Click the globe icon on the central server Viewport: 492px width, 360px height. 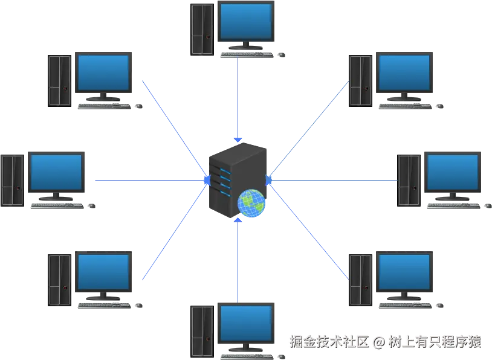pos(251,203)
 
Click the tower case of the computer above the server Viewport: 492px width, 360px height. pos(202,29)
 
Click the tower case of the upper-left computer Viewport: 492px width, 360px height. pos(60,80)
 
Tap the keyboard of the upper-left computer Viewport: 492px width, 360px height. pos(107,105)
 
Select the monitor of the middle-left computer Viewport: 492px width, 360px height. pos(56,173)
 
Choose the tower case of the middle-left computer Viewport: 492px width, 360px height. pos(12,180)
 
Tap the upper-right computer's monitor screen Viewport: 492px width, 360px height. pos(403,72)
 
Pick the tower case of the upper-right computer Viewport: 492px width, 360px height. pos(360,80)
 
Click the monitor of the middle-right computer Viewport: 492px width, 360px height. pos(452,173)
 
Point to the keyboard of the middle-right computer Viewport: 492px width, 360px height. pos(455,206)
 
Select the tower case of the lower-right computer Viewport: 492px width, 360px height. pos(360,279)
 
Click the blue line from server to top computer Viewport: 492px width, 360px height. pos(240,97)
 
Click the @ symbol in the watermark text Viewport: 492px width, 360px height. pos(379,342)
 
